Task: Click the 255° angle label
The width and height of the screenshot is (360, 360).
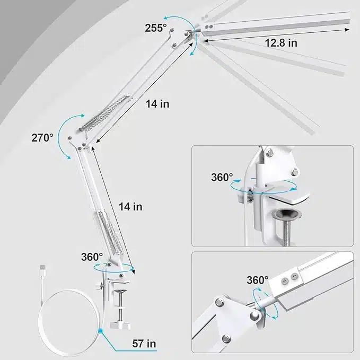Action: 156,28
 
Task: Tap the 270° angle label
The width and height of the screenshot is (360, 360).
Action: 42,138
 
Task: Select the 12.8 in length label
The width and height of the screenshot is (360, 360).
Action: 281,43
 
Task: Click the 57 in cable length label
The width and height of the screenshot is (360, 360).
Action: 144,344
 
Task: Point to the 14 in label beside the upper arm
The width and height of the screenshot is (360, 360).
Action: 157,104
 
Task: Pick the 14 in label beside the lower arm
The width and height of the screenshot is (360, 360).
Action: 130,207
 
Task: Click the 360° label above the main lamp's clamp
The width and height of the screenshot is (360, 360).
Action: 92,257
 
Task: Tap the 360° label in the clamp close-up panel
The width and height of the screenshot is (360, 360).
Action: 222,178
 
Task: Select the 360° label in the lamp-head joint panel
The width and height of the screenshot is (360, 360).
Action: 258,280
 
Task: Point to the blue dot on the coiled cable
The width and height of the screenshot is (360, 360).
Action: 100,331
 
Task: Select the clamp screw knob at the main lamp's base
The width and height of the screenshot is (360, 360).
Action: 120,325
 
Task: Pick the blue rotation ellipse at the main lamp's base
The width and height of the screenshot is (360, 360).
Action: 113,268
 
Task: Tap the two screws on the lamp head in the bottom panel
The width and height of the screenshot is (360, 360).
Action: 289,278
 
